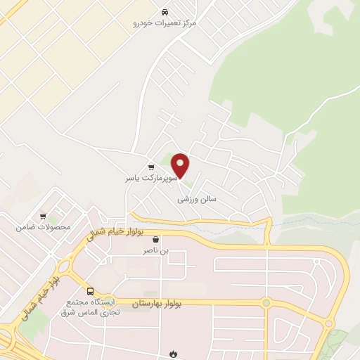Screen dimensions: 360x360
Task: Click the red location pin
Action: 181,165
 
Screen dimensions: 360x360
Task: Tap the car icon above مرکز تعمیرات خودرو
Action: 165,13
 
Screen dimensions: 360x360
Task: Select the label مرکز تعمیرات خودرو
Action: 166,23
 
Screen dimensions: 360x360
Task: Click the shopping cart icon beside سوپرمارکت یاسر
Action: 151,167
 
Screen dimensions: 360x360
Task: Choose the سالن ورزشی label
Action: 198,199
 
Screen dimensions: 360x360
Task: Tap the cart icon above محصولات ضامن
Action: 43,217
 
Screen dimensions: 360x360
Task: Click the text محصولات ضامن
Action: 44,227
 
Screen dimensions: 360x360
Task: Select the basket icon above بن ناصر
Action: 155,239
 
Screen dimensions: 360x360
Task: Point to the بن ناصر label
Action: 156,250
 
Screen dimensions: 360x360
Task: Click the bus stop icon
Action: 89,290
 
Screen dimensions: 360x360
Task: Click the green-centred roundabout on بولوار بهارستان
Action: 266,303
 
